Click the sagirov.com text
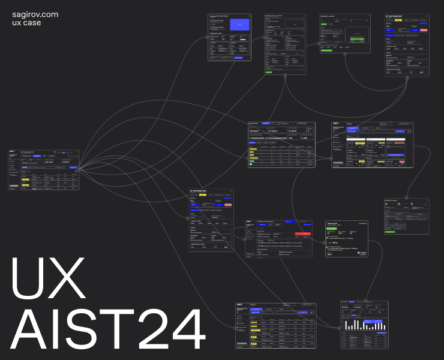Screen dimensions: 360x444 pos(35,14)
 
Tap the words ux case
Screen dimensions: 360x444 pos(27,23)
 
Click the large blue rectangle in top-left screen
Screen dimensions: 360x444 pos(239,24)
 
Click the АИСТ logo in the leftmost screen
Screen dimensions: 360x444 pos(12,152)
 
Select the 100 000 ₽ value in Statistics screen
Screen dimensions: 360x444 pos(257,130)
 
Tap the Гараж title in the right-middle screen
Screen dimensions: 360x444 pos(354,124)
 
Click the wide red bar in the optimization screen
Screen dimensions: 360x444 pos(303,233)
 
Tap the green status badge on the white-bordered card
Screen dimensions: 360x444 pos(331,228)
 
